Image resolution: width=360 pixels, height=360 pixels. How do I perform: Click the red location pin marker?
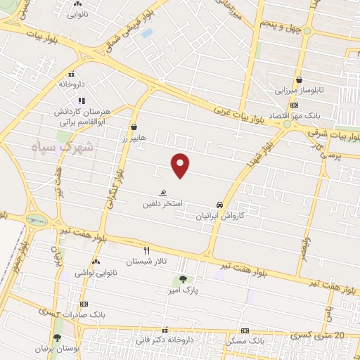point(181,165)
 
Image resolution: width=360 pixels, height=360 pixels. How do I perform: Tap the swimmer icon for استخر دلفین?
point(162,192)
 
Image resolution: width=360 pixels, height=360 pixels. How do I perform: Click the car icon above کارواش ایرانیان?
point(220,204)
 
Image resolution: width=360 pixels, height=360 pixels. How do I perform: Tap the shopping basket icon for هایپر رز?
point(134,127)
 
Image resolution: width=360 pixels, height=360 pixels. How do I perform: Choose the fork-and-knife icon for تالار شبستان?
point(147,250)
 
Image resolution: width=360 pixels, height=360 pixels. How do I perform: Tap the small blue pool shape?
point(147,33)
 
